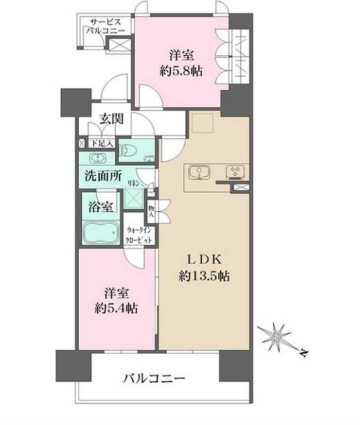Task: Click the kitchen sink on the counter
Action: click(198, 173)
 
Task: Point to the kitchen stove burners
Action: click(233, 173)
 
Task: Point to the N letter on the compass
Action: click(303, 353)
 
